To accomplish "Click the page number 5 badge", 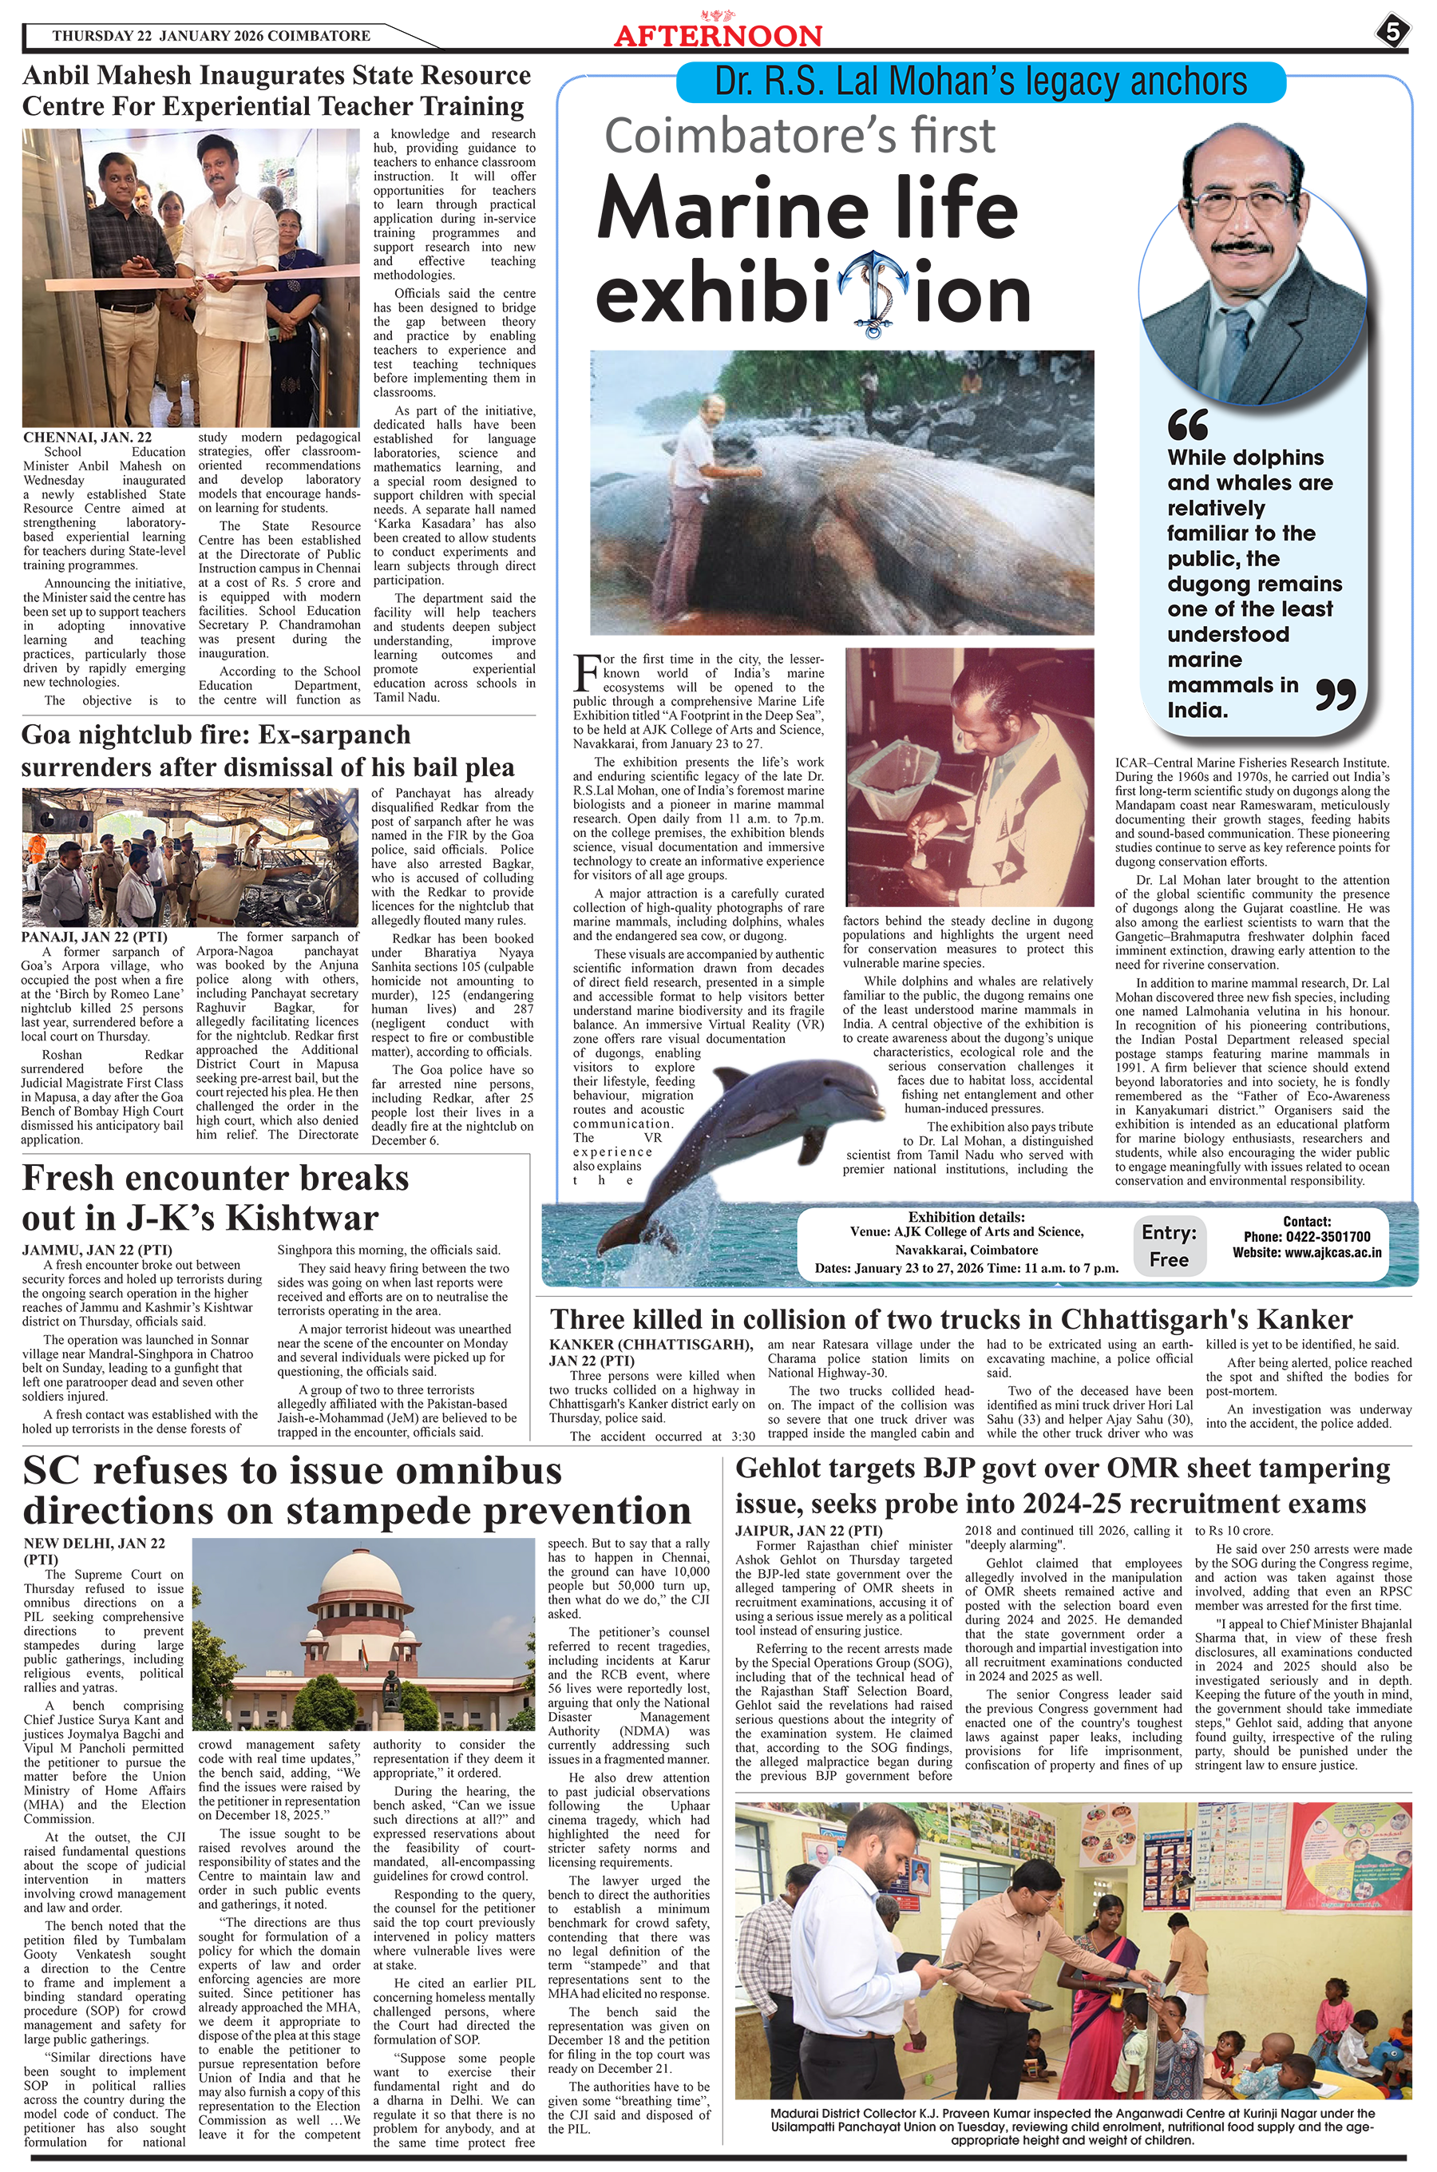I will coord(1391,33).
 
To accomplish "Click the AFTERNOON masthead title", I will coord(718,36).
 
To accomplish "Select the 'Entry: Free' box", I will coord(1169,1246).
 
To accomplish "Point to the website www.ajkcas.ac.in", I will coord(1306,1253).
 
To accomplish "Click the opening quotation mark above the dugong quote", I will coord(1188,426).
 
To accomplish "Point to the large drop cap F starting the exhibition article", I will coord(584,672).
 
